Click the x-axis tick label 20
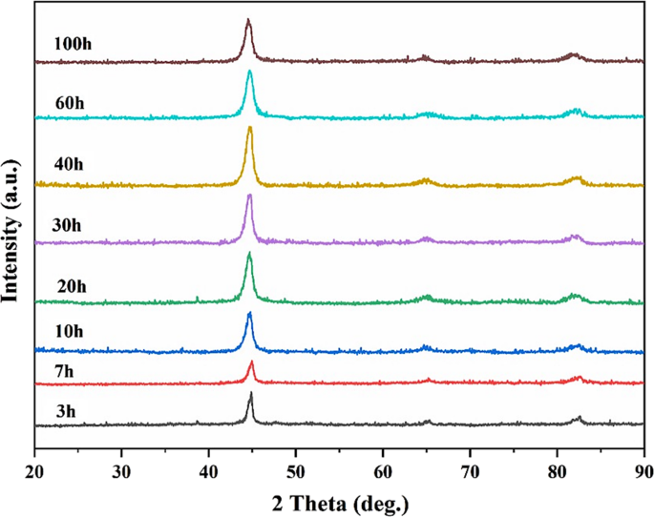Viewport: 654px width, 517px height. (34, 470)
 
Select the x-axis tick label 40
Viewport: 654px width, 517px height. (209, 470)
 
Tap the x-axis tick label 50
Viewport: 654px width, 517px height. (296, 470)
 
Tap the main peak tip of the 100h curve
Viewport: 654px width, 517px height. (248, 20)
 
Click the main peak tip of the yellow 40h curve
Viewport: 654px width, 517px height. (250, 128)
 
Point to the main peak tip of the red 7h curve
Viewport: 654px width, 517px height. (251, 362)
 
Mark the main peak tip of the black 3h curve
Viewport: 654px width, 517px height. (251, 393)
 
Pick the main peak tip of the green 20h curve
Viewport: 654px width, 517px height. (250, 254)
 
